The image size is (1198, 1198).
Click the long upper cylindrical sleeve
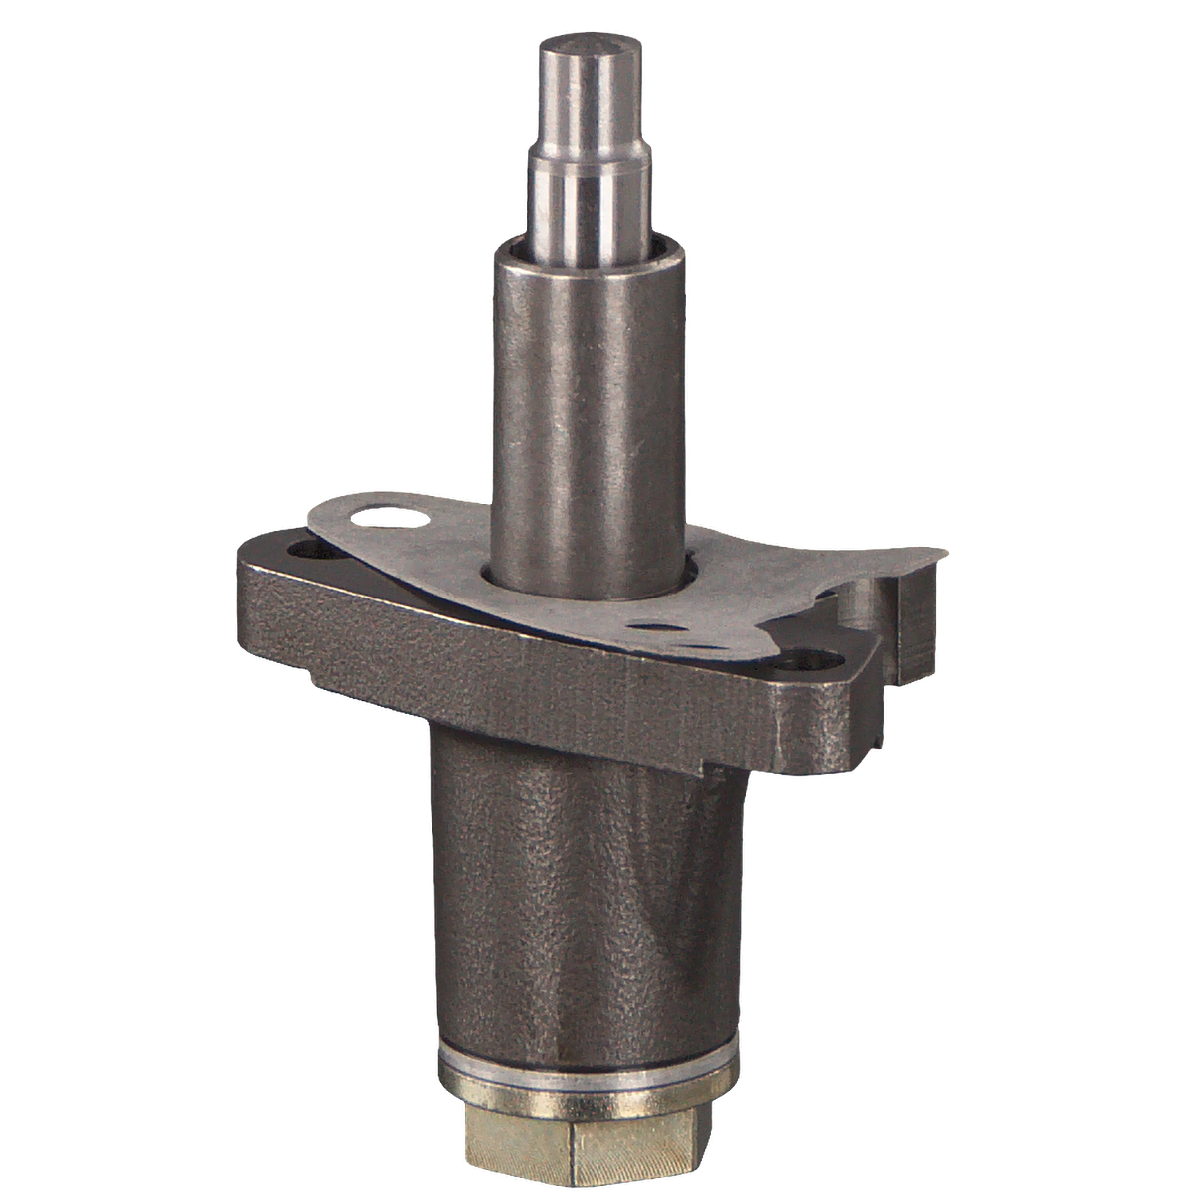click(x=589, y=399)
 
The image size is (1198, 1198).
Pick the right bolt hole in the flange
click(x=808, y=660)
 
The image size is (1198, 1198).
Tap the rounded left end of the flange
click(x=243, y=591)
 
